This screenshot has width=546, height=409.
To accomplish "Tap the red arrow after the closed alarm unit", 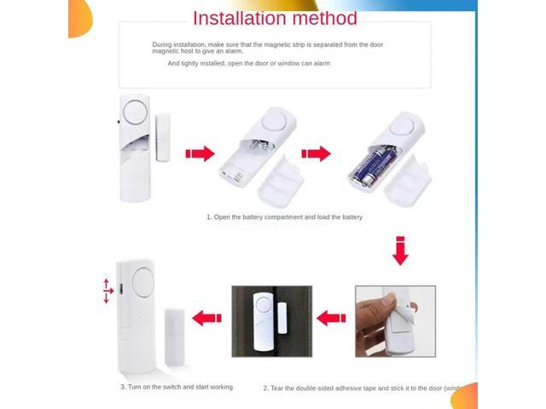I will tap(200, 154).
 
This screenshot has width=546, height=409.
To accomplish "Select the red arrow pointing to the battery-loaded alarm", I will tap(316, 154).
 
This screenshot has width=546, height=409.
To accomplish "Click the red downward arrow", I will tap(399, 251).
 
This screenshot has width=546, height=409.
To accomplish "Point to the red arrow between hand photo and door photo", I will tap(330, 319).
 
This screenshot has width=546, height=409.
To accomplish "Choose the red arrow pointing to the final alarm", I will tap(206, 319).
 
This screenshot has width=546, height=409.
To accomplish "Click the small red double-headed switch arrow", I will tap(107, 290).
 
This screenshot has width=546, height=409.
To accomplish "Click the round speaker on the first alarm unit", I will tap(135, 112).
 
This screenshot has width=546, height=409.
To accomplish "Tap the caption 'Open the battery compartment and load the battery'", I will tap(284, 217).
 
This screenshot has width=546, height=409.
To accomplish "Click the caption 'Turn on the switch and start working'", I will tap(176, 387).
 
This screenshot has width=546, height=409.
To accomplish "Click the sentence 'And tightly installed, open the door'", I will tap(248, 63).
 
